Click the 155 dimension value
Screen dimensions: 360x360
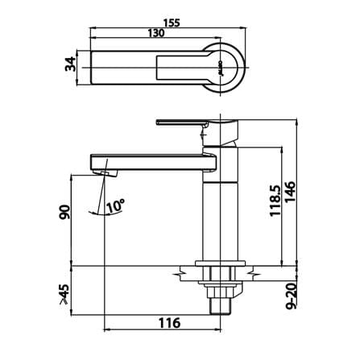tap(172, 23)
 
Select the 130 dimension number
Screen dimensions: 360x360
tap(156, 33)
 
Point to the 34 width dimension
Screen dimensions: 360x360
tap(70, 64)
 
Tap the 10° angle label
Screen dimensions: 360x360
tap(116, 206)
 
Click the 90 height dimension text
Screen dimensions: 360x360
tap(64, 212)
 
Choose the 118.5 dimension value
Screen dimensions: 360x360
tap(275, 201)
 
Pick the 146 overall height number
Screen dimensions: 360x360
tap(290, 192)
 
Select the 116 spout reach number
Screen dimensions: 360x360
tap(169, 323)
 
